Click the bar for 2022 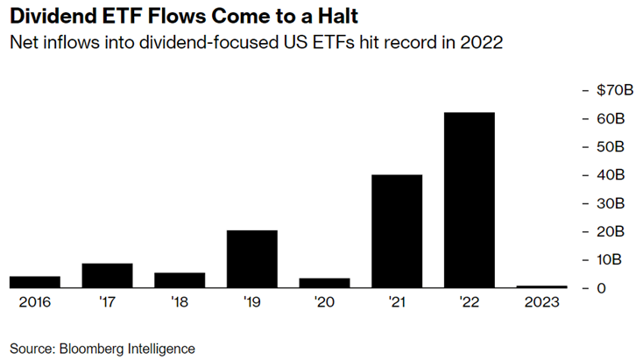coord(470,200)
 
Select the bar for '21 coord(397,231)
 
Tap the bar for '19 coord(252,258)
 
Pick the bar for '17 coord(108,275)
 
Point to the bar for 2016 coord(35,282)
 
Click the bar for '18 coord(180,280)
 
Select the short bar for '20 coord(325,283)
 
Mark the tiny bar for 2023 coord(541,286)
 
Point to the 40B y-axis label coord(611,175)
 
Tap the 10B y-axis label coord(611,260)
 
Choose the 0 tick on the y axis coord(600,288)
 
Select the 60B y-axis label coord(611,119)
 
